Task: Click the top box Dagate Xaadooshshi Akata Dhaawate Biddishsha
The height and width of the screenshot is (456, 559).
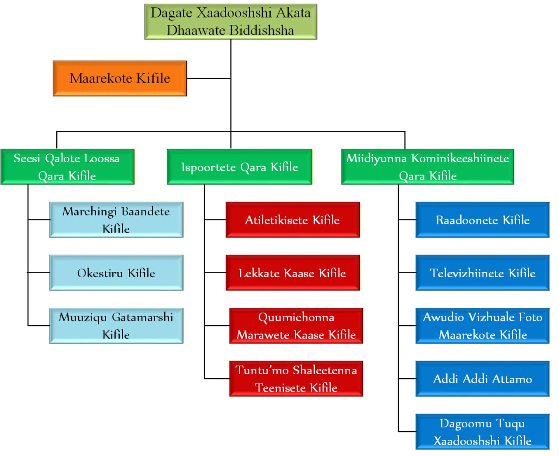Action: (231, 22)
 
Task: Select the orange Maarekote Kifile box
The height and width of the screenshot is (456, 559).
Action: (120, 78)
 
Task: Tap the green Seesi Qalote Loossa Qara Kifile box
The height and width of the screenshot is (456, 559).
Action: (67, 167)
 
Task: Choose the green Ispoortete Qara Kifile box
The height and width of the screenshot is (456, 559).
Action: (239, 167)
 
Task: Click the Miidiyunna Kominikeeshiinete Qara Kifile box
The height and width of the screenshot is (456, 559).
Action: (428, 167)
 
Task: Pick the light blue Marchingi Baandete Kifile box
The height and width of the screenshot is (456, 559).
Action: (116, 220)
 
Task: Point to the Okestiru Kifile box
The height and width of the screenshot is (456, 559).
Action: (116, 273)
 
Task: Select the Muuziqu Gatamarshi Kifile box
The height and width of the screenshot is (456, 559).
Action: (116, 326)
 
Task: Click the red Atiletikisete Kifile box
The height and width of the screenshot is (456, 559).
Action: (293, 220)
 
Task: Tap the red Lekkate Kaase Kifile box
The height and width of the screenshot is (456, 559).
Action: (293, 273)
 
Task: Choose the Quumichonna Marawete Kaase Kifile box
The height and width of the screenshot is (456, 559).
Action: (296, 326)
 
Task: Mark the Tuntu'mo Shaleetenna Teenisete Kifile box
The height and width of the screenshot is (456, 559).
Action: (296, 379)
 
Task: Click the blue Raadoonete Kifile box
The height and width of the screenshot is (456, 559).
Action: (483, 220)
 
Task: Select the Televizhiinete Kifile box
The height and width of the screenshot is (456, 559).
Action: (483, 273)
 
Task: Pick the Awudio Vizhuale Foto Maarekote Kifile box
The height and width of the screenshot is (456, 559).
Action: (483, 326)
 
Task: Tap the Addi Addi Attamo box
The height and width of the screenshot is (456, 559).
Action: (483, 379)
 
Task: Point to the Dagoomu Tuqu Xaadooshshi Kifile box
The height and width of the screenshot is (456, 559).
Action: (483, 432)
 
